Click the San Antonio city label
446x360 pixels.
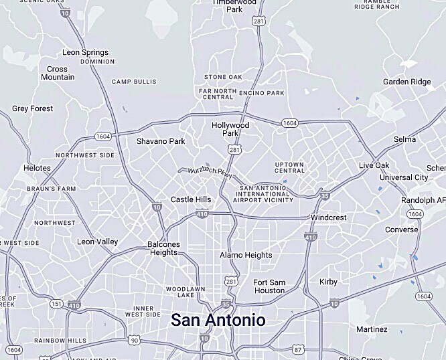[218, 319]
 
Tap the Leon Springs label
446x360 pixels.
[85, 52]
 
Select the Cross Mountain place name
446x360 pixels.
[57, 73]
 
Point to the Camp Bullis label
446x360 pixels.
[134, 82]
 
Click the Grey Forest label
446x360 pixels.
[32, 108]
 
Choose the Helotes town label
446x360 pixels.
[37, 168]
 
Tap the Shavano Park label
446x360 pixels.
[161, 141]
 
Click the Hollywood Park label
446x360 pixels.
[230, 129]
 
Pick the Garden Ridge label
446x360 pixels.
[407, 82]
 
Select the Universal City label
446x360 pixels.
[404, 177]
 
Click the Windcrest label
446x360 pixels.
[329, 218]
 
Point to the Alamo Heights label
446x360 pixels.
[246, 255]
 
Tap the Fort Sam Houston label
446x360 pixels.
[269, 286]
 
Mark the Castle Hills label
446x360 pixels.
[191, 199]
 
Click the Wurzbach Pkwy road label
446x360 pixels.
[210, 172]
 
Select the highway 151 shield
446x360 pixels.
[56, 304]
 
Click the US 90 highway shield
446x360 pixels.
[135, 341]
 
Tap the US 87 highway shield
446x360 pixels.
[298, 349]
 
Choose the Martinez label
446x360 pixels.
[372, 329]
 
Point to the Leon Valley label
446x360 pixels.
[98, 242]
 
